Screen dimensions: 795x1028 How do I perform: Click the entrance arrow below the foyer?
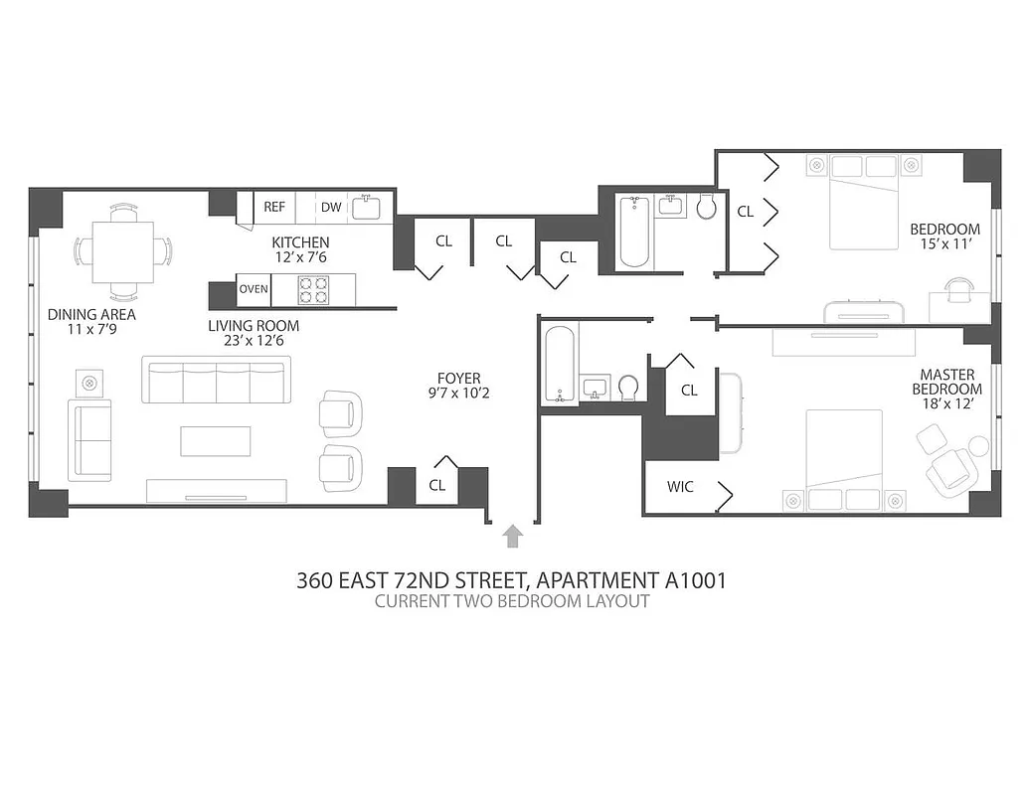(x=513, y=537)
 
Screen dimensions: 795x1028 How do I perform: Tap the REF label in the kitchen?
(x=274, y=207)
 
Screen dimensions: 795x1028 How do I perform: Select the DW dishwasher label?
(x=330, y=207)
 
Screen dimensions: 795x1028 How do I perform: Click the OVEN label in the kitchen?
(x=253, y=290)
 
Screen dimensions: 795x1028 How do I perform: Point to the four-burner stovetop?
(x=314, y=289)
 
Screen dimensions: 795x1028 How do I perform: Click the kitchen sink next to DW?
(x=365, y=207)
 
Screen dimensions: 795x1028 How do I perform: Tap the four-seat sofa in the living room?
(x=214, y=382)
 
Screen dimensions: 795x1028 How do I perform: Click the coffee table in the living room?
(x=215, y=440)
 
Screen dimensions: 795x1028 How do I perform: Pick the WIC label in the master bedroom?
(x=680, y=487)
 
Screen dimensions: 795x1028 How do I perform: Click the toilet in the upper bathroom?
(x=707, y=207)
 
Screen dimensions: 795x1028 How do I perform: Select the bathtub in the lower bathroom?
(x=560, y=366)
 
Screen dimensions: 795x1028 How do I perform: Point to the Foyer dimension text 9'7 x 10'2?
(x=458, y=393)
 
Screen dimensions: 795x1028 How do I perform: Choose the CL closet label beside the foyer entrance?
(x=436, y=485)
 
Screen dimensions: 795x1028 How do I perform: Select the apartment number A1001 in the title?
(x=693, y=580)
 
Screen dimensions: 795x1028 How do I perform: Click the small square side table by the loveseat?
(x=89, y=382)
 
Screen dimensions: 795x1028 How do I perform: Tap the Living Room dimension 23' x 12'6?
(x=253, y=340)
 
